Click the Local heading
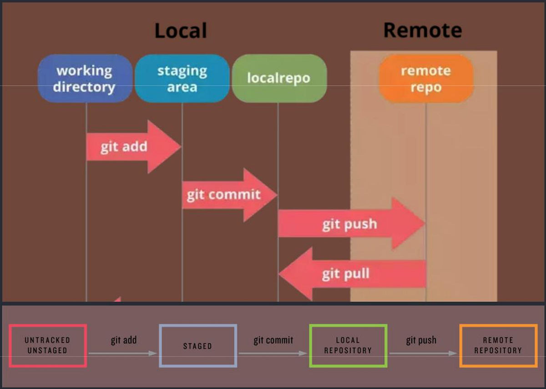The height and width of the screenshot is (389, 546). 181,30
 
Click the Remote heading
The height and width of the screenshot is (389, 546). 423,30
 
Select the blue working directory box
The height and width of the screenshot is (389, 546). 85,78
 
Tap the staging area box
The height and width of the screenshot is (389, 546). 182,78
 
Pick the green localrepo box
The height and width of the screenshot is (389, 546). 279,78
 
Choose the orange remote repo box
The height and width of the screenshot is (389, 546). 426,78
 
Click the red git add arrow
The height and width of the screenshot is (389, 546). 132,147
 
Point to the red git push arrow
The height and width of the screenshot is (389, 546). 350,224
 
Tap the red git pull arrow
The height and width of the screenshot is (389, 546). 350,274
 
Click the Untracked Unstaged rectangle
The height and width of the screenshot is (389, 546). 47,345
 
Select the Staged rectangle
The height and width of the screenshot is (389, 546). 197,346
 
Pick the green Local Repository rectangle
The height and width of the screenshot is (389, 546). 348,345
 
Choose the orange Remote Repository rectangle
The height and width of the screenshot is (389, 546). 498,345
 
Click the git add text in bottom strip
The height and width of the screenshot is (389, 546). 123,340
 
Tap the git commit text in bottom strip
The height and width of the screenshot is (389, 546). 273,340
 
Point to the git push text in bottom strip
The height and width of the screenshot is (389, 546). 421,340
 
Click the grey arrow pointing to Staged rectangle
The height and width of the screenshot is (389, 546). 123,353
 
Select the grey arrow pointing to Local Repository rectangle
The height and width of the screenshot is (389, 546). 273,353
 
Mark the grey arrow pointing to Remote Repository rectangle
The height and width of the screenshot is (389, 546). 423,353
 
